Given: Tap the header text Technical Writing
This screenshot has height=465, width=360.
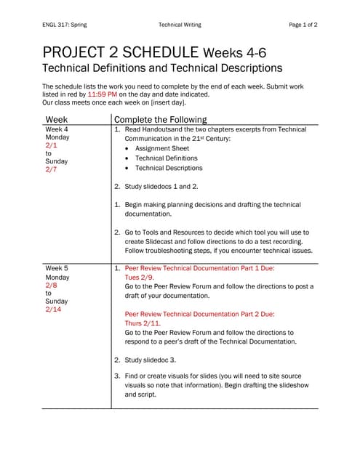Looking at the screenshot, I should tap(180, 25).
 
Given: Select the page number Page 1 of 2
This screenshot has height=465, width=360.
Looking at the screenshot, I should tap(303, 25).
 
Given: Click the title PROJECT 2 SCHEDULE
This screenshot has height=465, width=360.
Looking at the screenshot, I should tap(120, 52).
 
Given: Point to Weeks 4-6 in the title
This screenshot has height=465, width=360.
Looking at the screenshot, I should tap(239, 53).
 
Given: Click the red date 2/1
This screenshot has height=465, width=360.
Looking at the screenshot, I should tap(51, 145).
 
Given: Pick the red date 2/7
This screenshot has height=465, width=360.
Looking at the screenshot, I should tap(51, 169).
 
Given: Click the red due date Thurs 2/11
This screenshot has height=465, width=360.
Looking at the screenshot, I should tap(145, 323).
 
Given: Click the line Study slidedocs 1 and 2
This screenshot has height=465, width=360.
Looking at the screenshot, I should tap(161, 187).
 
